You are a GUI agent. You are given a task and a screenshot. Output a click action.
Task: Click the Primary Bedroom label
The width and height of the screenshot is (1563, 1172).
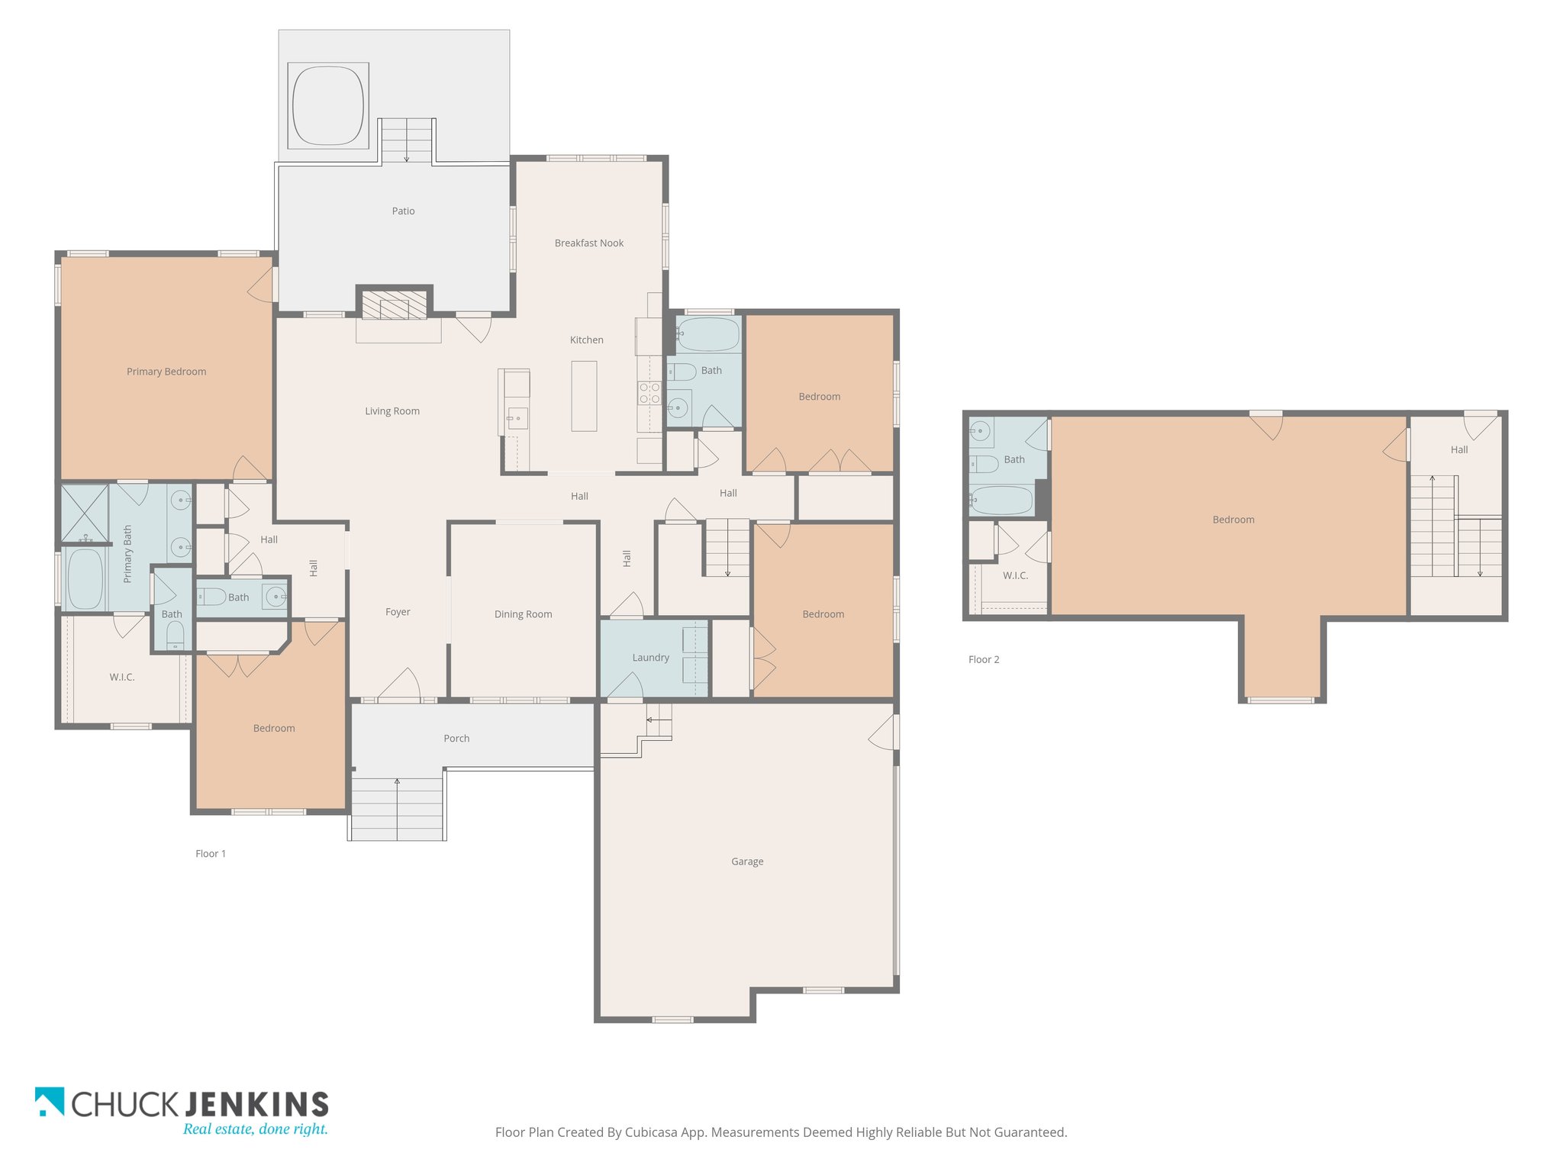(166, 372)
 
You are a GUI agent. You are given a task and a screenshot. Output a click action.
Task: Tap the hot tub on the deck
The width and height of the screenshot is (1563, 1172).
(328, 106)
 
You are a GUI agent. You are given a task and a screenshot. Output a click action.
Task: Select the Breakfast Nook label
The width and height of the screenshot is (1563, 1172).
(589, 243)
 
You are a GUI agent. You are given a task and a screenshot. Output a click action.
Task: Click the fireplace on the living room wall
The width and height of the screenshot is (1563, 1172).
(395, 304)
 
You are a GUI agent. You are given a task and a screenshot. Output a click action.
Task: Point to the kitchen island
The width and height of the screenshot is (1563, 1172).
(584, 396)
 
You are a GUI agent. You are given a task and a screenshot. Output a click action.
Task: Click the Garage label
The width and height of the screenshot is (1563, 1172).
(747, 861)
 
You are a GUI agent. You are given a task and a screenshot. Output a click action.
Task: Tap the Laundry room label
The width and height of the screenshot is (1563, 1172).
(650, 658)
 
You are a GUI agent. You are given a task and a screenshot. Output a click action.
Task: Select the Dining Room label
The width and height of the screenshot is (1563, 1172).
(523, 614)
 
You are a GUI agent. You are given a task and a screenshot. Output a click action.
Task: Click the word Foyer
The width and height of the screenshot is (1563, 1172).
(398, 612)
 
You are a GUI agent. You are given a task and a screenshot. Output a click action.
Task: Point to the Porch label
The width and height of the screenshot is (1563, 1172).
(456, 739)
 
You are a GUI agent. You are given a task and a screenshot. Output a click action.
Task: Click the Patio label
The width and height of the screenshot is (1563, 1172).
(403, 211)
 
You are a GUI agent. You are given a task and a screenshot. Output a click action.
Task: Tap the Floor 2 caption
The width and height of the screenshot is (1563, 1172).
(984, 660)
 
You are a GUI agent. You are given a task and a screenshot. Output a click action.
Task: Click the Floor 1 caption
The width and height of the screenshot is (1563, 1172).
(211, 854)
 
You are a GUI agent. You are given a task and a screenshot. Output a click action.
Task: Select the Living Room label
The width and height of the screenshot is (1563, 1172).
(392, 411)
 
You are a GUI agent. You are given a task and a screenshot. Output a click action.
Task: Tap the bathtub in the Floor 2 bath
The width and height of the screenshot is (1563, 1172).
(1002, 501)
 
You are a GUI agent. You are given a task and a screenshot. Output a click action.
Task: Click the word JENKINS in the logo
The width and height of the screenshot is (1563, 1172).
(257, 1104)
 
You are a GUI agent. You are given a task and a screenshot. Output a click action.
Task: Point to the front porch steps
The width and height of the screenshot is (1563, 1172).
(397, 810)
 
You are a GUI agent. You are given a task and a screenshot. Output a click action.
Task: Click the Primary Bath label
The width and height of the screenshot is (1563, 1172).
(127, 554)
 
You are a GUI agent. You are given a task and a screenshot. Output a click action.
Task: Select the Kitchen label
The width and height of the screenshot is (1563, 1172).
(587, 340)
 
